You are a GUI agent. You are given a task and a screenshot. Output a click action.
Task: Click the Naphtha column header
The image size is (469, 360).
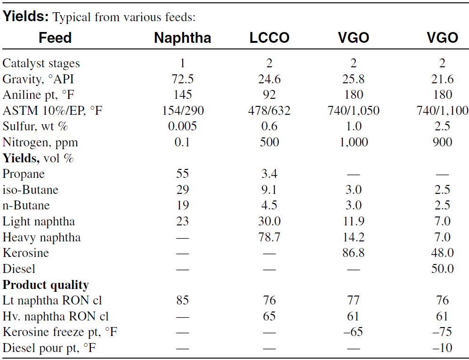click(182, 38)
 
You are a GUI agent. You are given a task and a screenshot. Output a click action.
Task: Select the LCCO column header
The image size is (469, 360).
click(269, 38)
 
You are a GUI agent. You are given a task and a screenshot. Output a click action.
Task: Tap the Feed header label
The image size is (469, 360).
click(55, 38)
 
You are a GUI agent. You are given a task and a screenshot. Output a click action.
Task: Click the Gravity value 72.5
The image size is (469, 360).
click(182, 79)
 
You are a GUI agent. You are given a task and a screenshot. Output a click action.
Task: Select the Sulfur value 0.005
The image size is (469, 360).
click(182, 126)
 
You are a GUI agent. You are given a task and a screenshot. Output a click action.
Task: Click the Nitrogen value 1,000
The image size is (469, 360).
click(354, 142)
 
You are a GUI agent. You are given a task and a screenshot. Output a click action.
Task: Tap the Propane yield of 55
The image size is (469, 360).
click(182, 174)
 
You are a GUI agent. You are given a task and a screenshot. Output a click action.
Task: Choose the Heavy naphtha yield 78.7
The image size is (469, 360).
click(269, 237)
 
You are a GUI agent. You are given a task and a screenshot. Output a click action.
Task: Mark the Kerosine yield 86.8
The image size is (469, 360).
click(354, 253)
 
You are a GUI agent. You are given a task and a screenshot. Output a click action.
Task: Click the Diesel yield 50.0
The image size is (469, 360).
click(442, 269)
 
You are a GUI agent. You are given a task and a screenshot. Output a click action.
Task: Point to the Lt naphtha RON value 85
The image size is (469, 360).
click(182, 300)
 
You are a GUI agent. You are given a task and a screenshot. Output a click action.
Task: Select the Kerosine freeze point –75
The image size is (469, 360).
click(442, 332)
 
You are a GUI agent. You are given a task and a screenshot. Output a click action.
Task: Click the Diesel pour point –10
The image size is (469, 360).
click(442, 348)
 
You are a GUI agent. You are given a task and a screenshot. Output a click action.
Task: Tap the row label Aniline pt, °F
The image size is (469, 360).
click(38, 95)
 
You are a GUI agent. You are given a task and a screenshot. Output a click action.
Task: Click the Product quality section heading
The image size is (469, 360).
click(46, 285)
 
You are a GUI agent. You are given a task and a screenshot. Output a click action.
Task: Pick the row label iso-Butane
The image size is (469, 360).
click(31, 190)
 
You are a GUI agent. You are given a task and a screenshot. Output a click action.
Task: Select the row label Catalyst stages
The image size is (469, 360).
click(41, 64)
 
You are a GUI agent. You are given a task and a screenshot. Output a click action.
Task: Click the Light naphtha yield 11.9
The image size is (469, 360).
click(354, 221)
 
